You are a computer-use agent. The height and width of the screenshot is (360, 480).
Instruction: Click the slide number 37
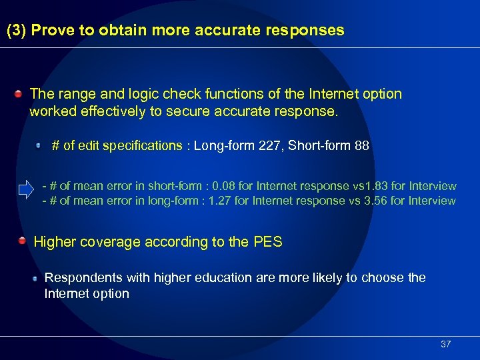point(446,344)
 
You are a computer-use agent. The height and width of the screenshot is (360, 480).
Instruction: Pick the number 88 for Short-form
point(361,145)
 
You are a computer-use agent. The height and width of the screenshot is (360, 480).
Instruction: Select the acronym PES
point(268,242)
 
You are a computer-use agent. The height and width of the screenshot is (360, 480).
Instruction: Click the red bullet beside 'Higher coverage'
point(22,241)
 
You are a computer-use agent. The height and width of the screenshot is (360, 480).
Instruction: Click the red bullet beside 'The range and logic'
point(21,94)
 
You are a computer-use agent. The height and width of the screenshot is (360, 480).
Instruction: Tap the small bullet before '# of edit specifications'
point(39,145)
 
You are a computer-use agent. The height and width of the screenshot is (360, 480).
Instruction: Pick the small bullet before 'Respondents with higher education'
point(35,277)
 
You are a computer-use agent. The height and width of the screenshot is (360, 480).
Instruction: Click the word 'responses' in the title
point(313,31)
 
